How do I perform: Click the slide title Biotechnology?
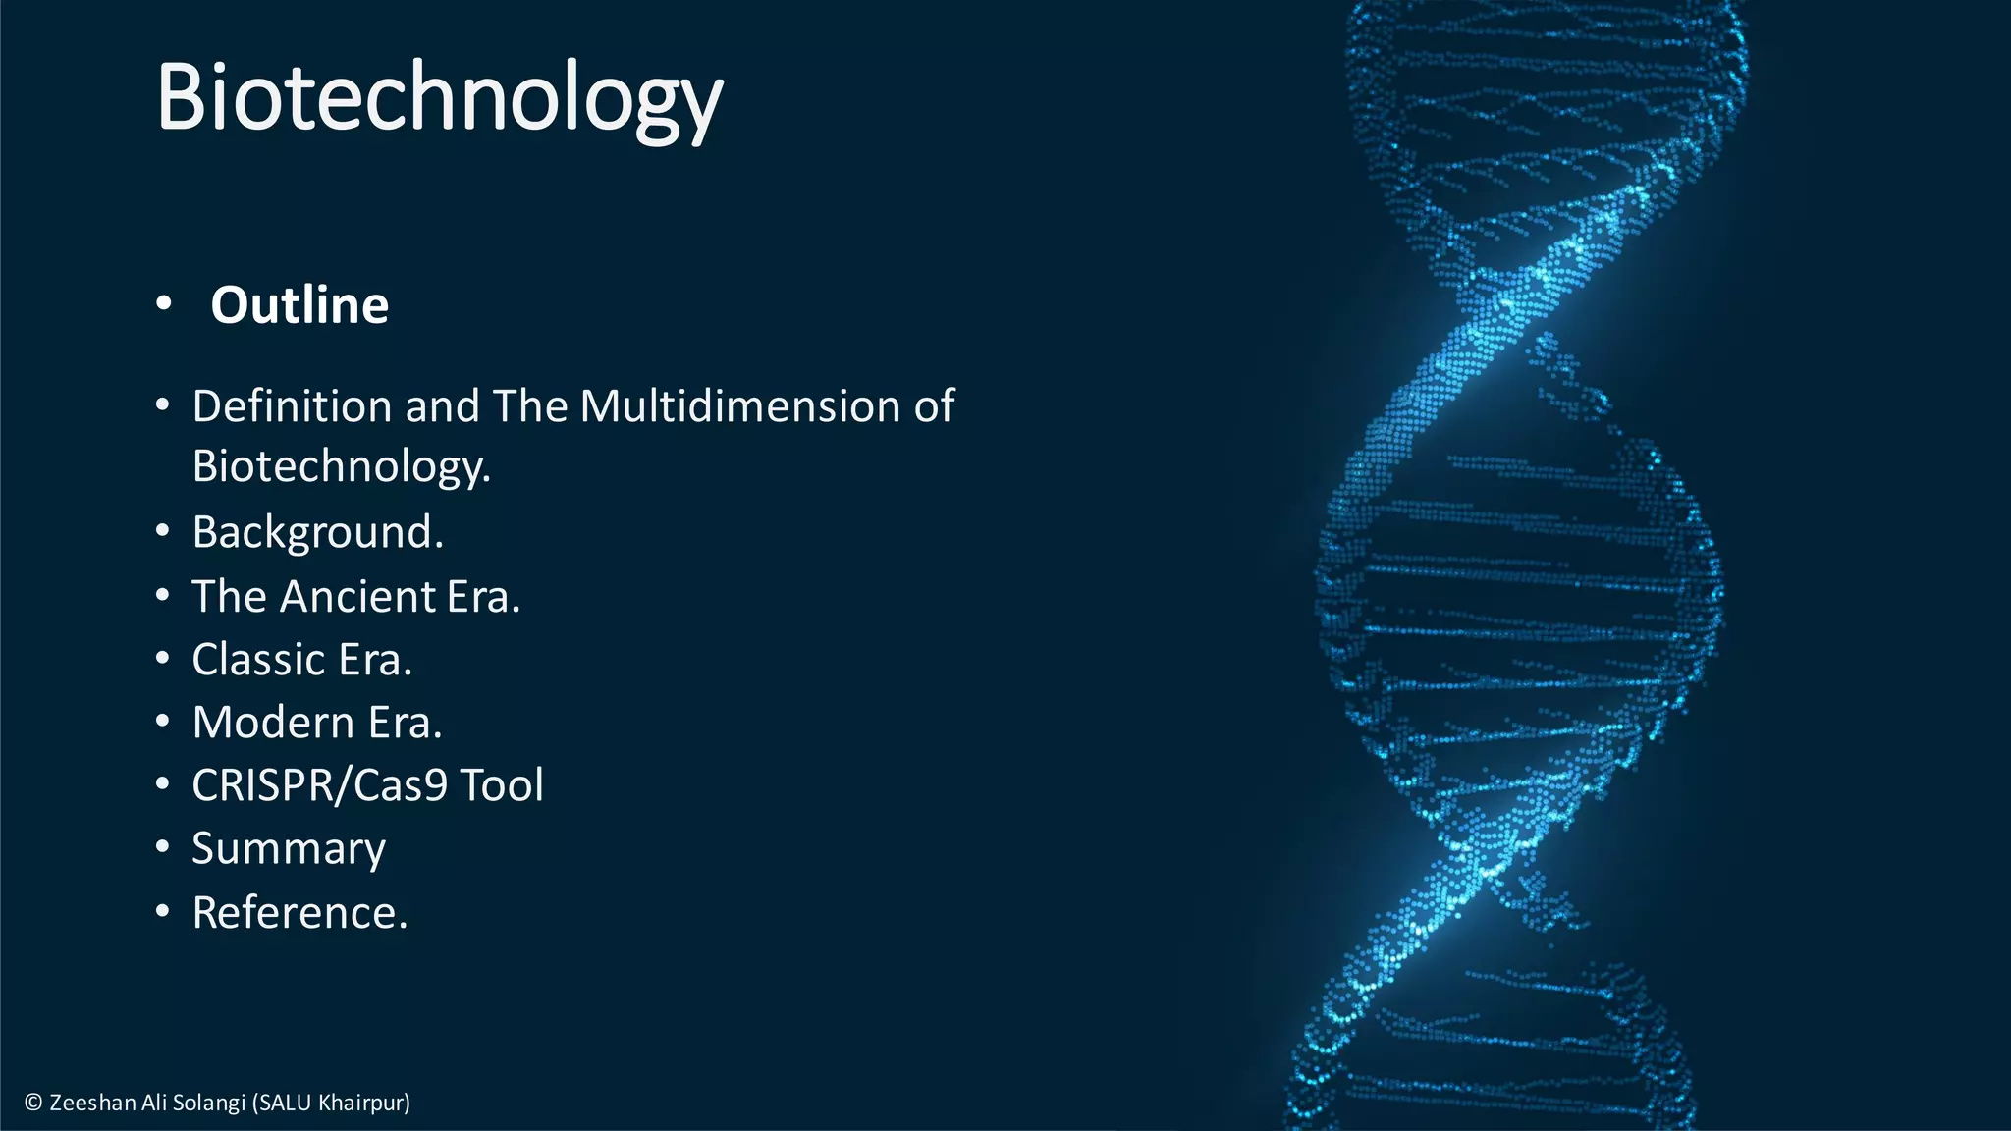click(439, 98)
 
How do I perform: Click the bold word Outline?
click(299, 305)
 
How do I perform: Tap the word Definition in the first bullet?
click(292, 406)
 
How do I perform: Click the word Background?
click(315, 533)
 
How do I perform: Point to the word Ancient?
click(357, 597)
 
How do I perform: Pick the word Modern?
click(273, 723)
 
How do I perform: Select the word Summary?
click(289, 849)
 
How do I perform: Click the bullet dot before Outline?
click(163, 304)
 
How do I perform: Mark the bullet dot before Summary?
click(163, 847)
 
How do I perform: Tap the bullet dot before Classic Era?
click(163, 659)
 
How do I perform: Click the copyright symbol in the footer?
click(33, 1103)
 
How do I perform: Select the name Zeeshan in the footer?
click(93, 1103)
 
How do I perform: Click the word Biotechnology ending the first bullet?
click(340, 466)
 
